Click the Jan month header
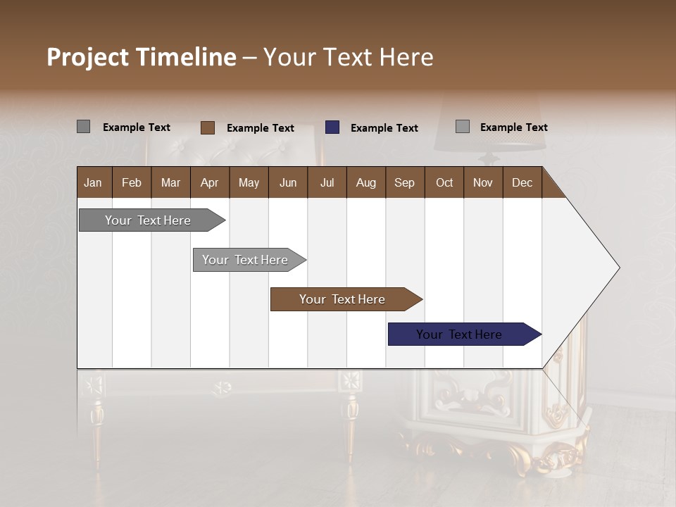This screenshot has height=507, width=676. (93, 182)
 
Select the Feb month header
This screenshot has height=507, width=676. (132, 182)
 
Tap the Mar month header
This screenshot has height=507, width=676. (170, 182)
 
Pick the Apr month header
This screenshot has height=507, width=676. (209, 182)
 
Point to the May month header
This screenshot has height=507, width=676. (249, 182)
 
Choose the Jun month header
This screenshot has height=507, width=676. (288, 182)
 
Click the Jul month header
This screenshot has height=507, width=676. (327, 182)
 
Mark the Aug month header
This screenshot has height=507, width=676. (365, 182)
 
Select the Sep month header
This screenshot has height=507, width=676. (404, 182)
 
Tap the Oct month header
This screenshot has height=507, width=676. (444, 182)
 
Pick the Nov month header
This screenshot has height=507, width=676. (483, 182)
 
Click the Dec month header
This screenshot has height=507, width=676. (522, 182)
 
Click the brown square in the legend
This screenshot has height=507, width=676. (207, 127)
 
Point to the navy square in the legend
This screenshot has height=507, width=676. (332, 127)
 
